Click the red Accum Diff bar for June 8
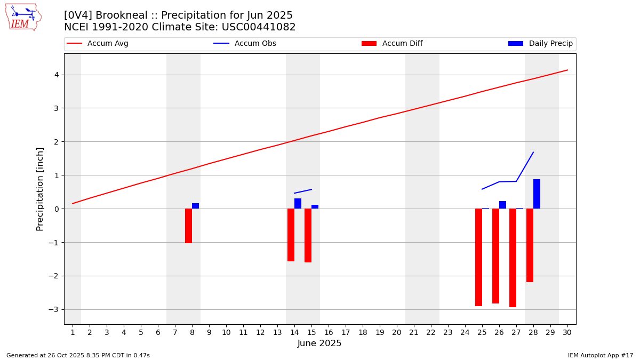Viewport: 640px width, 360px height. tap(188, 226)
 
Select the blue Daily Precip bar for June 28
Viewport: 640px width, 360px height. tap(537, 194)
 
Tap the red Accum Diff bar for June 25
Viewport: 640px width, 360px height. tap(478, 257)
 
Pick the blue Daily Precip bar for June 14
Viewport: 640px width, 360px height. tap(298, 204)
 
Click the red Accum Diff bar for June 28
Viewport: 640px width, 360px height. tap(530, 245)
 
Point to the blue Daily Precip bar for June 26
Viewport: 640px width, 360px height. tap(502, 205)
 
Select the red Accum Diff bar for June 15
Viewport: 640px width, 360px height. tap(308, 235)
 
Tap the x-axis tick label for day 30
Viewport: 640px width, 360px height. tap(567, 333)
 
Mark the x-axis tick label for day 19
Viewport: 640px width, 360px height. tap(380, 333)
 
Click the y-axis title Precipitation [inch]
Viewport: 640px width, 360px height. tap(41, 189)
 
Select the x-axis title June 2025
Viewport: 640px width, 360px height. tap(319, 344)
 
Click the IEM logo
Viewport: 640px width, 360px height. tap(23, 17)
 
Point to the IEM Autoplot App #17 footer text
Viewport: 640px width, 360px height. tap(601, 355)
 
